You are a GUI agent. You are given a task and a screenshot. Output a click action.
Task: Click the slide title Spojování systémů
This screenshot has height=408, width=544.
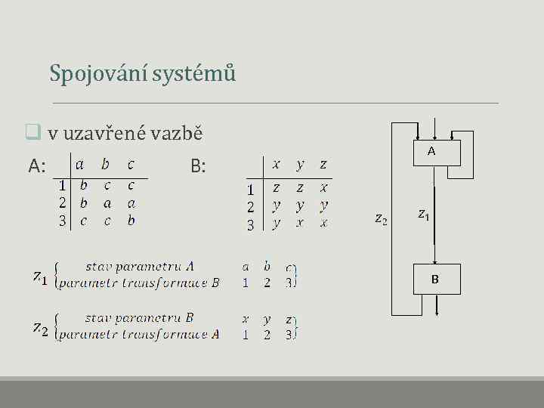click(x=143, y=73)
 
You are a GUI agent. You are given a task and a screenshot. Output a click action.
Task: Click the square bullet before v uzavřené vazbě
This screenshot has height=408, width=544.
click(x=32, y=134)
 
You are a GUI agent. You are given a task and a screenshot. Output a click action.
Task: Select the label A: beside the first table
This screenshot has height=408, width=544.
click(x=38, y=165)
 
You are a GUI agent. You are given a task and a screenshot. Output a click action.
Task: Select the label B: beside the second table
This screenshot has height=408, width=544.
click(x=198, y=165)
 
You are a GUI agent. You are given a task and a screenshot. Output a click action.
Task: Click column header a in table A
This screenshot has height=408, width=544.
click(x=80, y=164)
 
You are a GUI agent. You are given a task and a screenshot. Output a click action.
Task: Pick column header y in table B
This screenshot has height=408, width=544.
click(x=300, y=164)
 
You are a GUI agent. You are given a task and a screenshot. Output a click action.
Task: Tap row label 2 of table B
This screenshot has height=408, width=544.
click(x=250, y=206)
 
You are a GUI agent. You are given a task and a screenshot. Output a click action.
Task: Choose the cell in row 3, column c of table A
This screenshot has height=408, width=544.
click(x=131, y=221)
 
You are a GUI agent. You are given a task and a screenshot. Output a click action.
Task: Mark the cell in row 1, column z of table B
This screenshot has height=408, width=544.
click(x=323, y=187)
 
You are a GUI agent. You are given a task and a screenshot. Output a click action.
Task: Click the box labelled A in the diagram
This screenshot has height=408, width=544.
click(x=431, y=151)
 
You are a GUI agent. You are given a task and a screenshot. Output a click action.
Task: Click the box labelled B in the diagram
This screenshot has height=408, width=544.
click(x=434, y=280)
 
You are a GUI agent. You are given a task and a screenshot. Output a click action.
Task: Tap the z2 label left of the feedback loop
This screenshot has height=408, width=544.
click(x=382, y=220)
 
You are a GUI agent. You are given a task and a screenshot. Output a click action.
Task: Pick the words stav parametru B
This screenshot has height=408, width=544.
click(x=139, y=318)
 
